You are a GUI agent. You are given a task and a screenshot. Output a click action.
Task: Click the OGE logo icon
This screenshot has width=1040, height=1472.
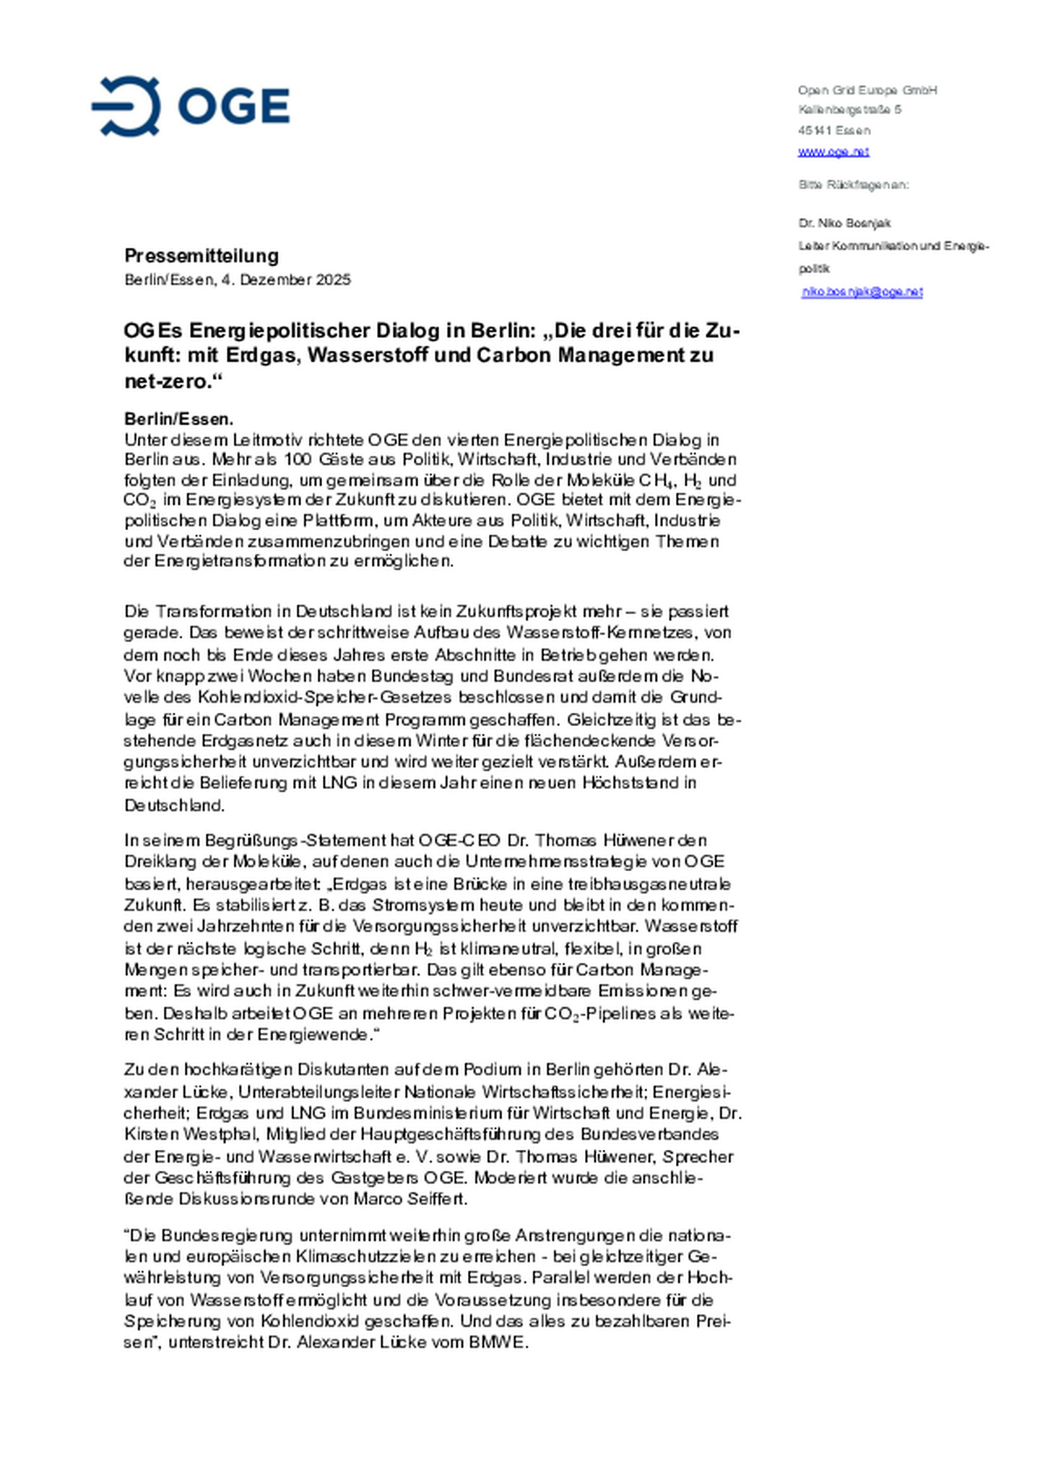click(126, 106)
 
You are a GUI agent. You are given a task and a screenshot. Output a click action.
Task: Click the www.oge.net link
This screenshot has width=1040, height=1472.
click(833, 152)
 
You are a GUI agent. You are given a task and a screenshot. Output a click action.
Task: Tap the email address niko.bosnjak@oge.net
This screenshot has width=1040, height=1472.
click(862, 292)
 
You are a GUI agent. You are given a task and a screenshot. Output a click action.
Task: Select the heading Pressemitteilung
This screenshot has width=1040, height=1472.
click(201, 256)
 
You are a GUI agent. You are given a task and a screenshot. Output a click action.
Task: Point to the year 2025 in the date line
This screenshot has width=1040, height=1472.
click(333, 280)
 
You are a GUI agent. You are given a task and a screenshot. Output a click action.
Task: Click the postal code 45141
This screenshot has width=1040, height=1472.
click(812, 131)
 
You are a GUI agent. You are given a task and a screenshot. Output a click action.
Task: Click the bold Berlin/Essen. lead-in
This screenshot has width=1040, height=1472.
click(178, 419)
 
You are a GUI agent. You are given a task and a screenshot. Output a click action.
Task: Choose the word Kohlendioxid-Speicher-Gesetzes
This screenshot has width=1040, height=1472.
click(323, 698)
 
